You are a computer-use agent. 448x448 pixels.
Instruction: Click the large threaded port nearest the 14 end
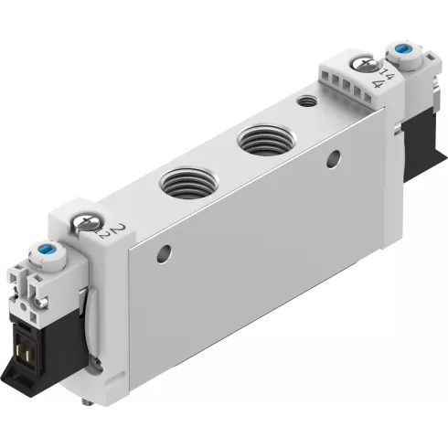(261, 142)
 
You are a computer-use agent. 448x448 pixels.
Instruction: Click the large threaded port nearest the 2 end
(183, 181)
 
